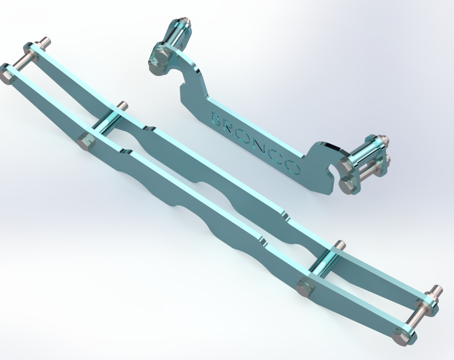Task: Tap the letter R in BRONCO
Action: pos(231,127)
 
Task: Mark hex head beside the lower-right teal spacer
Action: pos(306,287)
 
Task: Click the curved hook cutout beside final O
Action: pos(331,170)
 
